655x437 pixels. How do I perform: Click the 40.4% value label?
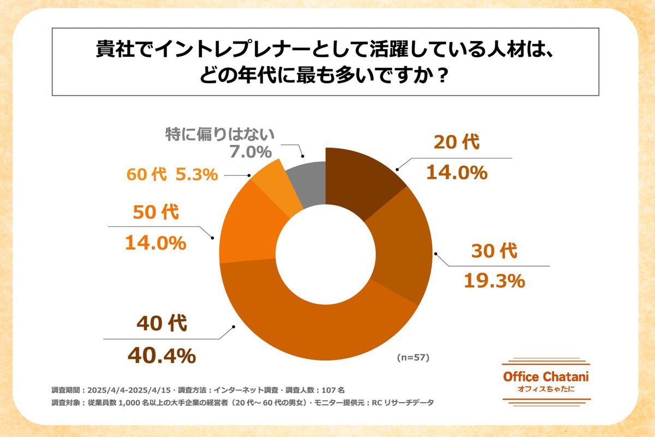(161, 356)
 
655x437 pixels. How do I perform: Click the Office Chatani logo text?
(545, 377)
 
